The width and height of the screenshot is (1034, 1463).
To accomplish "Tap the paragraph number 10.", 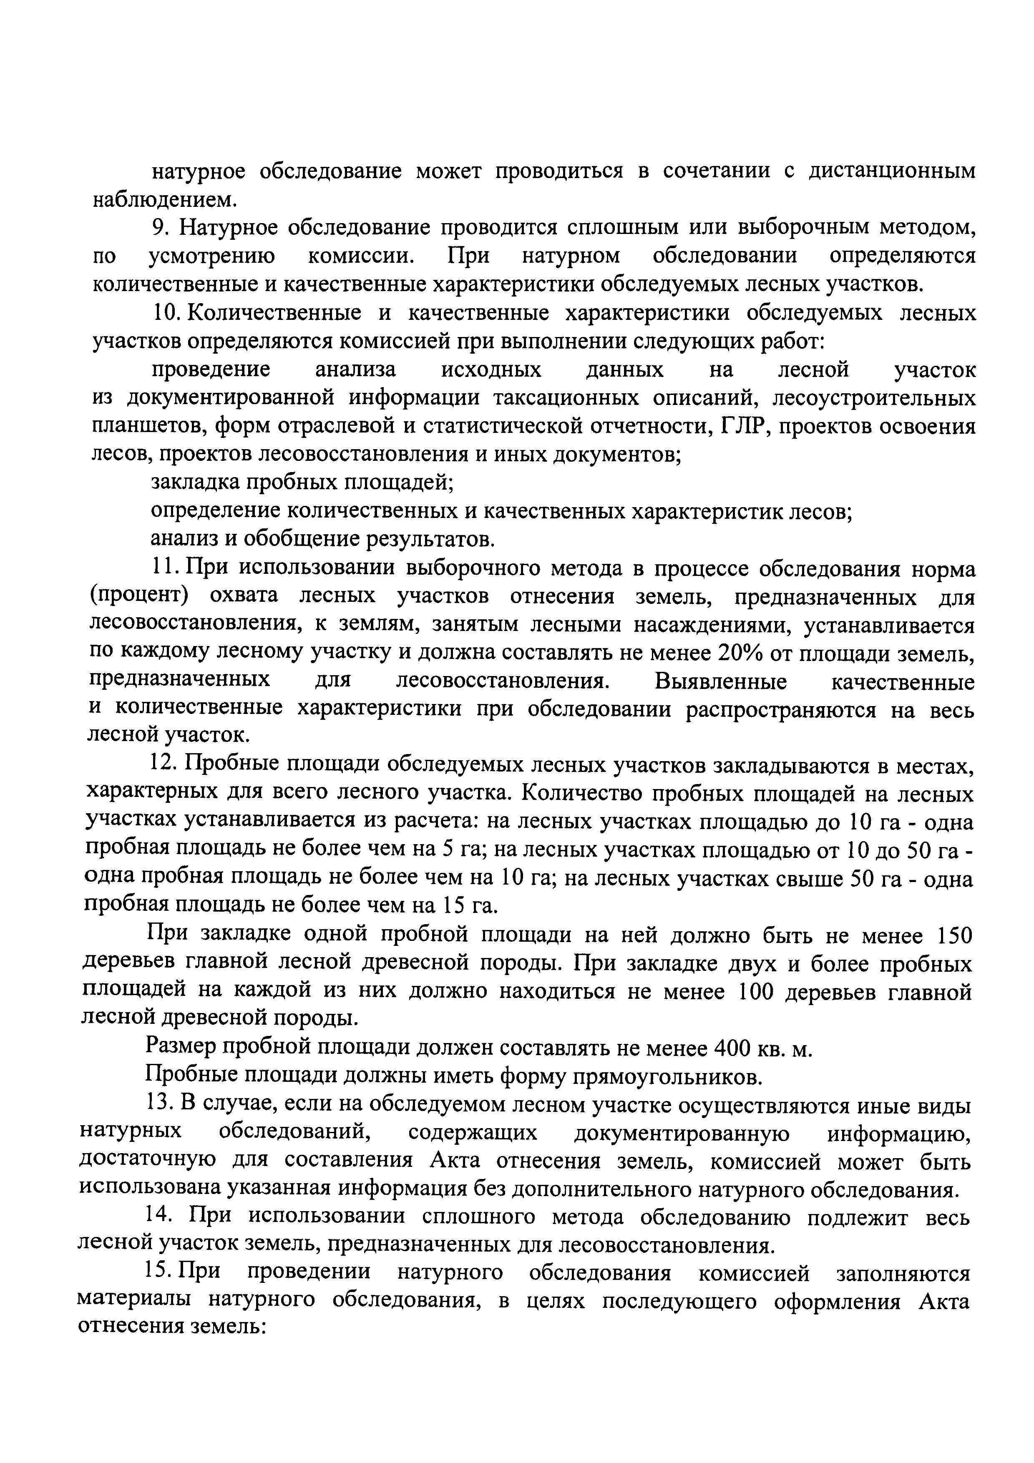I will coord(166,313).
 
